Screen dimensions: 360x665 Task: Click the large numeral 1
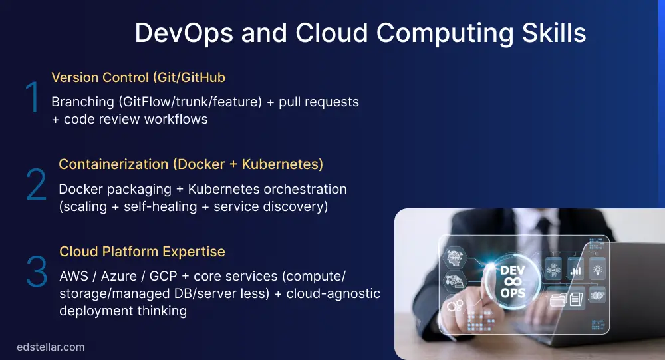coord(32,98)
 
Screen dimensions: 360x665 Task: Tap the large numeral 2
coord(36,186)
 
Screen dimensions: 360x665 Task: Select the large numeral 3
coord(36,272)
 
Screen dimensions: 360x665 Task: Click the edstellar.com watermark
coord(51,347)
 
